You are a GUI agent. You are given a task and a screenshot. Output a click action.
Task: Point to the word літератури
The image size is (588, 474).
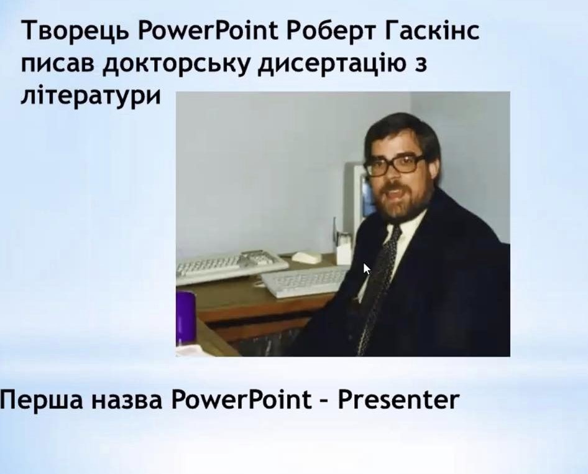tap(91, 96)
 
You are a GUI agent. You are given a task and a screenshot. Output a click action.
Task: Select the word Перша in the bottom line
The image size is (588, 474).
tap(41, 400)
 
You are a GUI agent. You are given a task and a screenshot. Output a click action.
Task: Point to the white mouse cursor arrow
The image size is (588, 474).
tap(366, 269)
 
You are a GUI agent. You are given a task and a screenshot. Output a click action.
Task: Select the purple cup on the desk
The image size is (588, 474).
tap(186, 317)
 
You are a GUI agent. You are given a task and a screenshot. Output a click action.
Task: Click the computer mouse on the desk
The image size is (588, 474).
tap(306, 257)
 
